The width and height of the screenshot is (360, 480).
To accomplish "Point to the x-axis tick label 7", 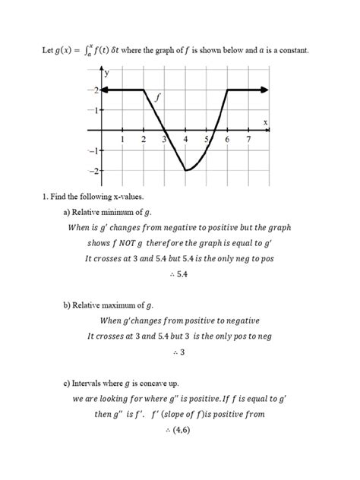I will [x=248, y=140].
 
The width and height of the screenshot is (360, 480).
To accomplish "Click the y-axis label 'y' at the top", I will [x=107, y=74].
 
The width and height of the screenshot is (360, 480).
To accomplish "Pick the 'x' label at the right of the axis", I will [x=265, y=122].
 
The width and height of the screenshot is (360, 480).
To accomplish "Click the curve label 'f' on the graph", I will [x=158, y=97].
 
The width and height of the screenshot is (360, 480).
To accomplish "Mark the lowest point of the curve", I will [x=185, y=171].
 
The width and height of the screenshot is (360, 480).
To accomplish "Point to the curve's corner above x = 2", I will [x=144, y=90].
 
